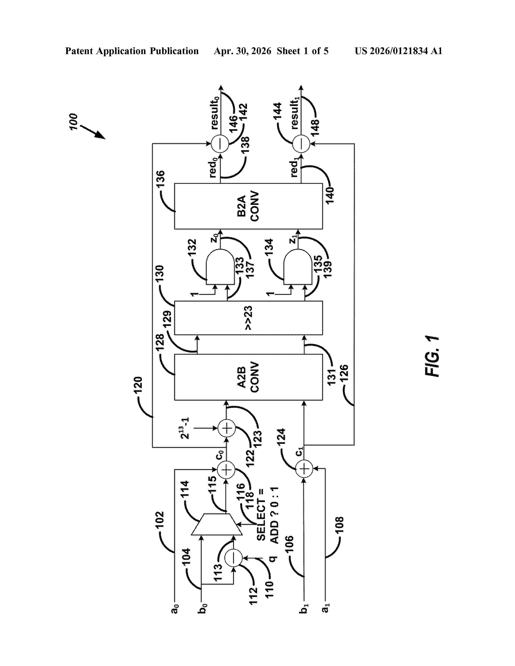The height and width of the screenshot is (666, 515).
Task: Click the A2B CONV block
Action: point(248,377)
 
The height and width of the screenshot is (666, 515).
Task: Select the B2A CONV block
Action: point(248,206)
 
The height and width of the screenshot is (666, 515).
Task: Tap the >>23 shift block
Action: point(248,318)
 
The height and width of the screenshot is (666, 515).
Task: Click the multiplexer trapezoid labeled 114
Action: point(217,524)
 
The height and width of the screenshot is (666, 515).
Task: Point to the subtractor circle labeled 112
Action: point(233,558)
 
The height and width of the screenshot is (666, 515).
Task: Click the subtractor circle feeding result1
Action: point(301,144)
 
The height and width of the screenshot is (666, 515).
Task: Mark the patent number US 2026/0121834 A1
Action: point(398,51)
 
